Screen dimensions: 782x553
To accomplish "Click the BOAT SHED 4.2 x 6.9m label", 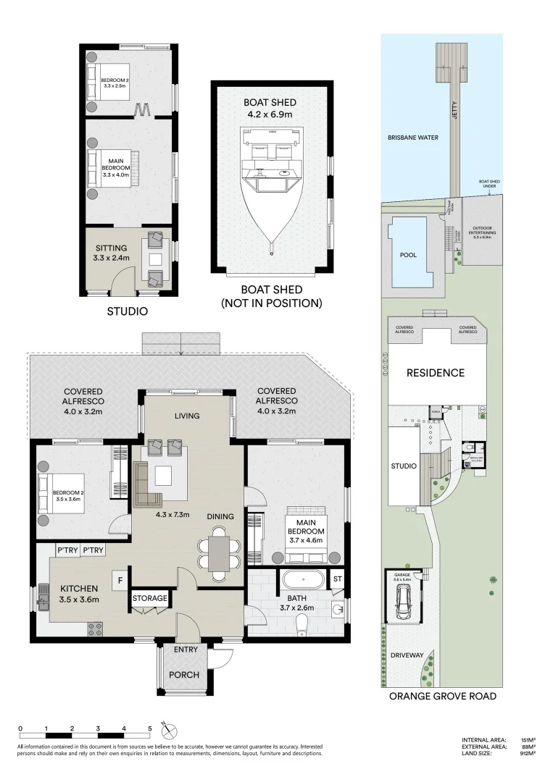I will point(270,109).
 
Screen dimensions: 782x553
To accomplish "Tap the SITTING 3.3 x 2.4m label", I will point(112,253).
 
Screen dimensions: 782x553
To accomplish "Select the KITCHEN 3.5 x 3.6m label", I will point(79,594).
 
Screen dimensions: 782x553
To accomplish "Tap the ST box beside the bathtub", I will point(336,579).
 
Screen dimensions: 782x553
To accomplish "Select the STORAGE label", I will point(150,599).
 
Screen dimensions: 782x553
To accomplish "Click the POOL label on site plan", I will point(408,256).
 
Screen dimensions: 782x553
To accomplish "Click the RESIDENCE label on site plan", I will point(435,373).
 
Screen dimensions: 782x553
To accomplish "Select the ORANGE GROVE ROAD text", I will point(443,697).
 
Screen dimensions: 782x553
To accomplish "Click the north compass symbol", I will point(170,730).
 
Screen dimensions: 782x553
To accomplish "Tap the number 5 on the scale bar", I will point(150,728).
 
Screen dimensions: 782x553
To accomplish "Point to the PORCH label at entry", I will point(184,674).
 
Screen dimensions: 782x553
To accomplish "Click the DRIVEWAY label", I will point(407,655).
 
